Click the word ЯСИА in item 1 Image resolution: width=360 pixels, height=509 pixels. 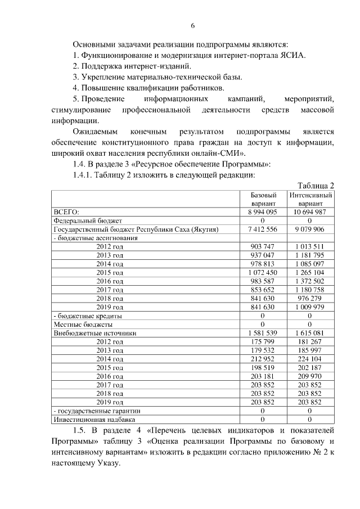[x=290, y=55]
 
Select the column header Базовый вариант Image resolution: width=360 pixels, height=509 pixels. [x=263, y=199]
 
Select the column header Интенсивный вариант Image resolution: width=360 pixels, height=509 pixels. [x=310, y=199]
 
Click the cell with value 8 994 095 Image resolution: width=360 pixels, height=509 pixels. [x=263, y=212]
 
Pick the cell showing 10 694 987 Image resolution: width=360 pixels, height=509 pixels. [x=310, y=212]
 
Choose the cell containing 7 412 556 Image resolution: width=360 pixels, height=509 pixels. [x=263, y=229]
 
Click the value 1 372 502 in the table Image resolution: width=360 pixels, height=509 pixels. [x=310, y=281]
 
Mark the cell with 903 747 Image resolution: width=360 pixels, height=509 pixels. [x=263, y=247]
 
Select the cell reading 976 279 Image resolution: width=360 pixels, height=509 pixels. [x=310, y=299]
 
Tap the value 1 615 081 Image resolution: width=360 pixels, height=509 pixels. [x=310, y=333]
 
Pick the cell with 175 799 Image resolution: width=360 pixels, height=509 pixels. [x=263, y=342]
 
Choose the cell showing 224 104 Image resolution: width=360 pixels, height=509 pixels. [x=310, y=359]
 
